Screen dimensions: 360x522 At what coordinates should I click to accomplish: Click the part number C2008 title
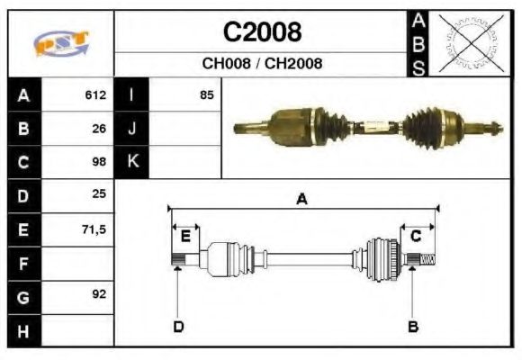(x=262, y=32)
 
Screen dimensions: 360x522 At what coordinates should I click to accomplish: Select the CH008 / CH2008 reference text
(x=262, y=64)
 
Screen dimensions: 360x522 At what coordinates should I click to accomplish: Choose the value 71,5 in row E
(x=94, y=229)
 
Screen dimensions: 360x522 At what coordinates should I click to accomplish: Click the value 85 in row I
(x=207, y=94)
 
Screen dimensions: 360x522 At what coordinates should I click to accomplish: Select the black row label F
(x=23, y=264)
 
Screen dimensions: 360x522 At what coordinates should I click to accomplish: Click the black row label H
(x=23, y=331)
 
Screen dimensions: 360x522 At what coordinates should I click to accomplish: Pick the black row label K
(x=131, y=162)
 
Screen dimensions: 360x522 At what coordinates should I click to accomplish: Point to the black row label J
(x=131, y=128)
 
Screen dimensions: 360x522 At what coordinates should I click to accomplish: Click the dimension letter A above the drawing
(x=302, y=200)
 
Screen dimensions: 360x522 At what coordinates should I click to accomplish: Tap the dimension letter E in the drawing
(x=185, y=237)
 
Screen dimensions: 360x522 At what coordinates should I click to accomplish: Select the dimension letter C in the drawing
(x=417, y=236)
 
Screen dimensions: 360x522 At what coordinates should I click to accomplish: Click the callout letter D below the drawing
(x=178, y=326)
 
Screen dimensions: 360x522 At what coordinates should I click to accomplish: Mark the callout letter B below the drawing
(x=413, y=326)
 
